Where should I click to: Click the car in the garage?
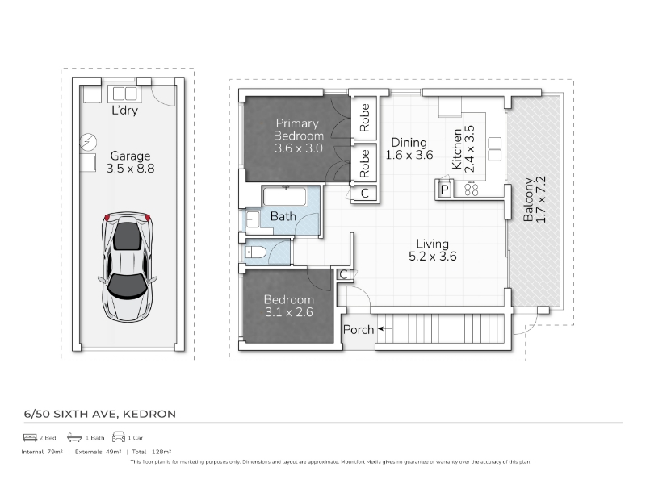pos(128,267)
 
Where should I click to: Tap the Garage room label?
pos(130,162)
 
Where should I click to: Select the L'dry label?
pos(125,111)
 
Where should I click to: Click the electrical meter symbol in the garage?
pos(88,142)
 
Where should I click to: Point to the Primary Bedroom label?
pos(299,136)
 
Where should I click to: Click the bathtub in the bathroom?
pos(285,196)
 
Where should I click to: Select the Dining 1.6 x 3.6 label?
pos(409,148)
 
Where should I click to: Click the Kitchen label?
pos(463,149)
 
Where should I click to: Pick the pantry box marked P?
pos(444,190)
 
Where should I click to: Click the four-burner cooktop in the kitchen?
pos(472,190)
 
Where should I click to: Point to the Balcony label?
pos(535,199)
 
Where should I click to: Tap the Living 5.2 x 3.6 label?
pos(433,250)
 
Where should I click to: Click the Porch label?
pos(359,330)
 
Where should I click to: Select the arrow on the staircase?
pos(385,329)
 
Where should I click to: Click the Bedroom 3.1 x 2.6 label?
pos(289,306)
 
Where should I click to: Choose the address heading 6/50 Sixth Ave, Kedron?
pos(100,414)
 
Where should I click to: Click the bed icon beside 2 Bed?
pos(30,437)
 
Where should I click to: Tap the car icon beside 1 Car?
pos(119,436)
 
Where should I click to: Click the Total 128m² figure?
pos(152,452)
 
